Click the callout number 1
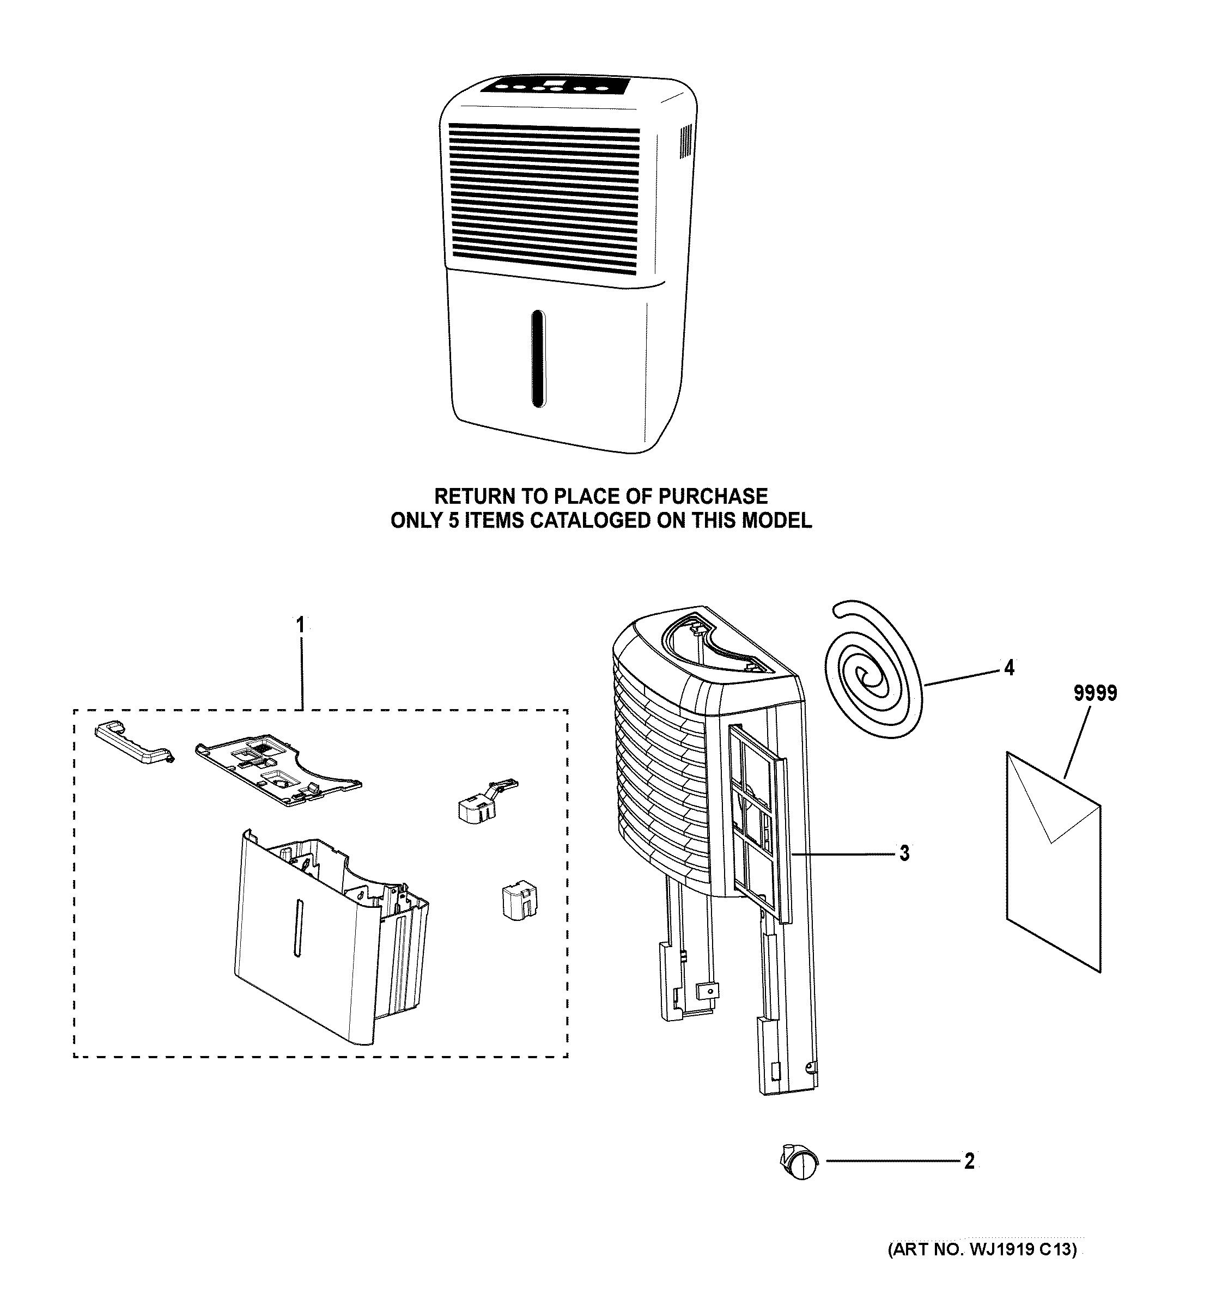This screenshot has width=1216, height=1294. (x=300, y=626)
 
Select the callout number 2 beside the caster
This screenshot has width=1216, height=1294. (x=969, y=1161)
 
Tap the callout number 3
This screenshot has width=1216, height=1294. (x=904, y=853)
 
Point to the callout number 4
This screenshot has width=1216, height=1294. (x=1008, y=668)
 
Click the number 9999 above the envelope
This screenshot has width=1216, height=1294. (x=1095, y=693)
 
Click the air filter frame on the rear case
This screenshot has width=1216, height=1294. (x=759, y=823)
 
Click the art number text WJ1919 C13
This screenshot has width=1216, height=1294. (x=1019, y=1249)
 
